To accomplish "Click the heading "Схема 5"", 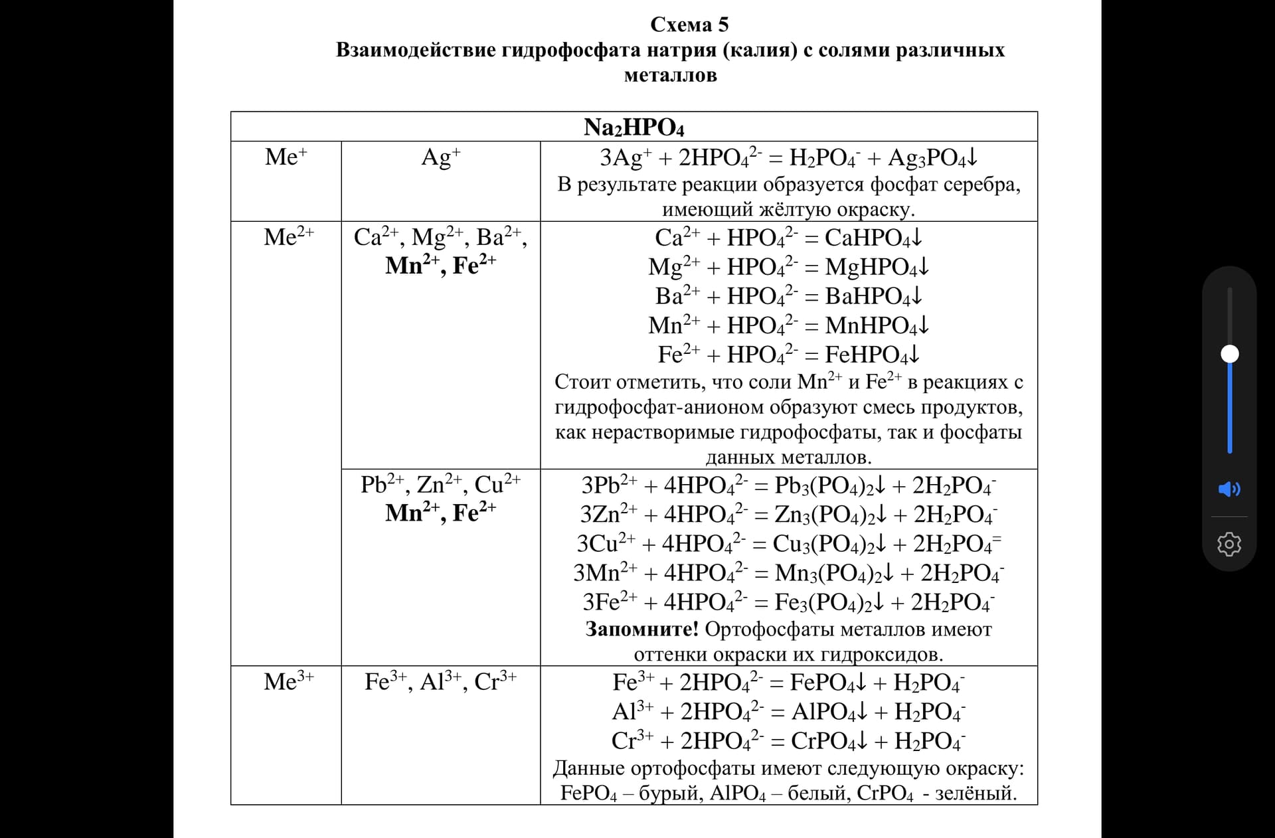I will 689,25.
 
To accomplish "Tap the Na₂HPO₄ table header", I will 634,127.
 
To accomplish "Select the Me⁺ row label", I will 286,157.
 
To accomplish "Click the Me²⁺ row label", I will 288,237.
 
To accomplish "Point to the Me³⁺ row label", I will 288,682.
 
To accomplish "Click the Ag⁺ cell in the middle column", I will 440,157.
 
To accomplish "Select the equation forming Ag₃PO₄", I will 788,158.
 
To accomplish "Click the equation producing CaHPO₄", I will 788,238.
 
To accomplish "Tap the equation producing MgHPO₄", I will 788,267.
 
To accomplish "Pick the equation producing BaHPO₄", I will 788,296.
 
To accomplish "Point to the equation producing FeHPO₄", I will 788,355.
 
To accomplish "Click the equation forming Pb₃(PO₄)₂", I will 788,485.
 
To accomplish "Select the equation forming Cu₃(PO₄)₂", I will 788,544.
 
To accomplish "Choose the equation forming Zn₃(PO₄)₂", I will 788,515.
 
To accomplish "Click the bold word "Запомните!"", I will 641,629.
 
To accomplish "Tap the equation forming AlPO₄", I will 788,712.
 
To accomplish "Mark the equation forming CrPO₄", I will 788,741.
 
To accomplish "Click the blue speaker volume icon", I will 1229,489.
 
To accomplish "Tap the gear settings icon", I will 1229,544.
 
